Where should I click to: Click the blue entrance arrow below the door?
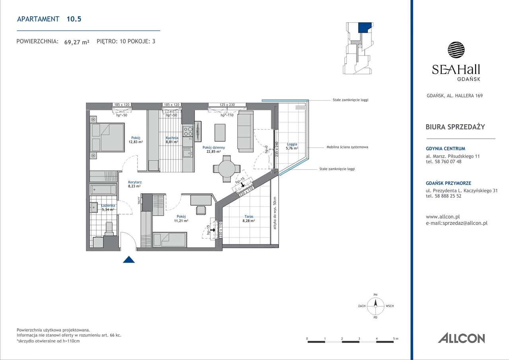128,260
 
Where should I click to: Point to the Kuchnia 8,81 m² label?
172,139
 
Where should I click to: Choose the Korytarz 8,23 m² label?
135,184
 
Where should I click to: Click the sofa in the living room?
245,131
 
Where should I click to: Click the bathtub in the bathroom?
103,189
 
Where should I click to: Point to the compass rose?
375,306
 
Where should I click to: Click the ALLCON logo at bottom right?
461,338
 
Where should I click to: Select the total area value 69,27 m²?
77,41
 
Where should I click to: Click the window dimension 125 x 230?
227,105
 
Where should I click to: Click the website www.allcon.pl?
443,217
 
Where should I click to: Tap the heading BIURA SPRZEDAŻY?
455,127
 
